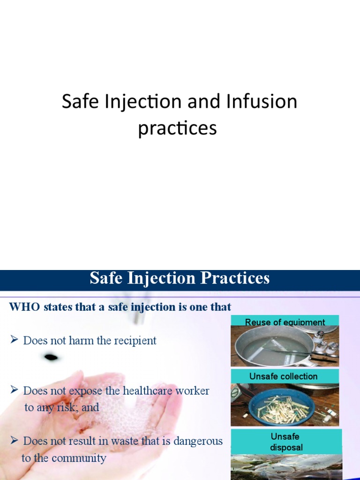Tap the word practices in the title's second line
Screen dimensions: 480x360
point(177,128)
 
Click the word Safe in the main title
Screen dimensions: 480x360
point(78,102)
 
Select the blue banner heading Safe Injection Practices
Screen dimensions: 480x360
point(180,278)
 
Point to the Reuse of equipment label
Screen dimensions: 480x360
point(285,322)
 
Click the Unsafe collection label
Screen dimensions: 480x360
point(283,376)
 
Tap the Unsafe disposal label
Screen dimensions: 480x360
point(285,442)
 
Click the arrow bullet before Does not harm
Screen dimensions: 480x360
point(14,340)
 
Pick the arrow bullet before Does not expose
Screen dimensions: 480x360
point(14,390)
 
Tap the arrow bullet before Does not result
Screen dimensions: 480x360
point(14,441)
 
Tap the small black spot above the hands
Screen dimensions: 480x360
point(51,358)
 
